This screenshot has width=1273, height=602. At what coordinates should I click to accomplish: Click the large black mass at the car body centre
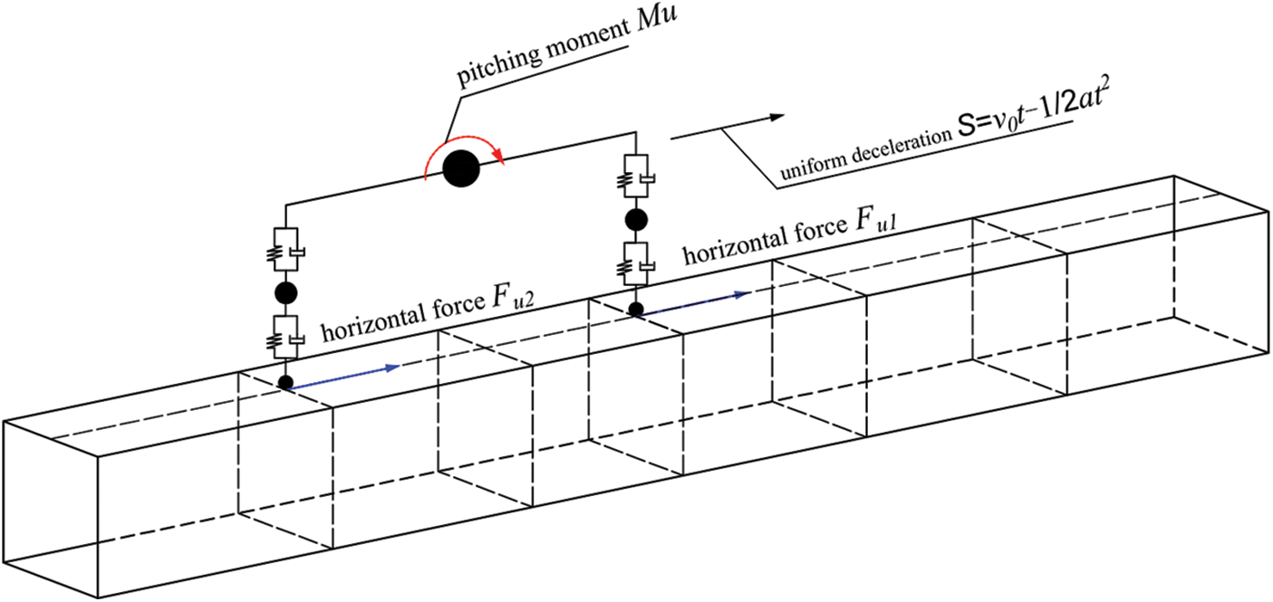tap(462, 167)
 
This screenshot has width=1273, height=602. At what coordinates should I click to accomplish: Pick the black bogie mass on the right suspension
tap(637, 218)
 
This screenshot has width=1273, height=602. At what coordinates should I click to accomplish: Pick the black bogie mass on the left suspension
tap(286, 291)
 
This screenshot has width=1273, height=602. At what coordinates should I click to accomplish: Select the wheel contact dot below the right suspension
tap(637, 310)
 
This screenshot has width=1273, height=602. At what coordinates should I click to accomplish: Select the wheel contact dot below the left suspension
tap(286, 382)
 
